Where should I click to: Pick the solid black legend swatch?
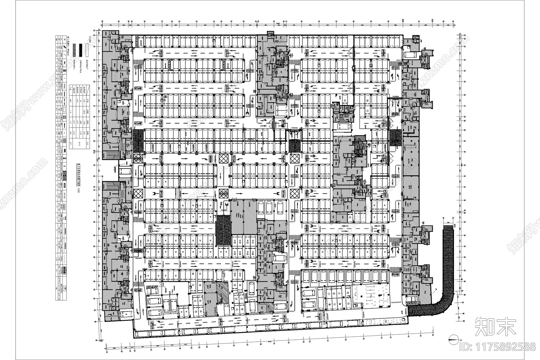point(80,49)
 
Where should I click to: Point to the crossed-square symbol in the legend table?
point(65,117)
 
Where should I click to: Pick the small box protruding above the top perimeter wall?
point(271,33)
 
